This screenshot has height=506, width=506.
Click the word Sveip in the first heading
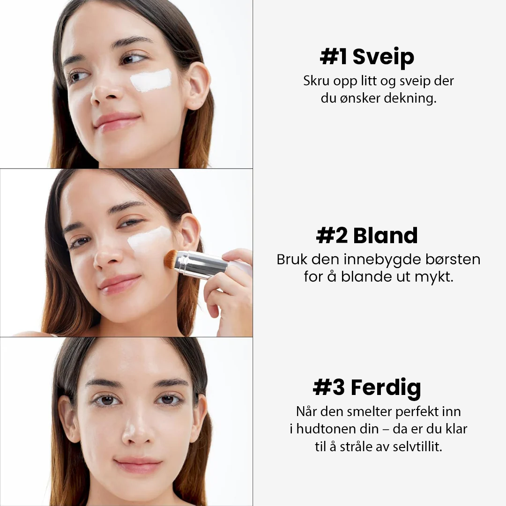tap(383, 58)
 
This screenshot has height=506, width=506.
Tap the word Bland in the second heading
tap(385, 236)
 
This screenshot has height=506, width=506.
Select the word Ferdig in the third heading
tap(386, 388)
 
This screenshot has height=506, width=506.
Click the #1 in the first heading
tap(334, 57)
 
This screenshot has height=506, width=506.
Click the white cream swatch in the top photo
tap(151, 80)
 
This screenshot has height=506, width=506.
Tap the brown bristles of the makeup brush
tap(171, 260)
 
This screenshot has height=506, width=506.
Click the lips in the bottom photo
tap(138, 465)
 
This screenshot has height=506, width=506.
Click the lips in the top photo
tap(116, 122)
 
